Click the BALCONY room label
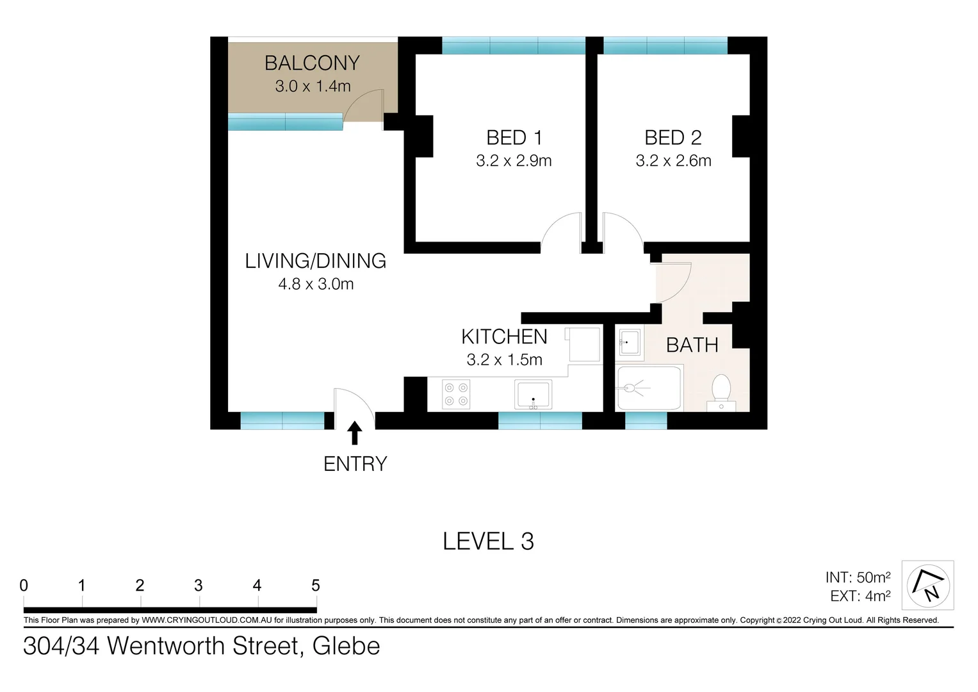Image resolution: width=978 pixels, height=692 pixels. (x=312, y=63)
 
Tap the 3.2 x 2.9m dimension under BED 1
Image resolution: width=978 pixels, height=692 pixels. (x=514, y=161)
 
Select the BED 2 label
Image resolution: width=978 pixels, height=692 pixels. (x=672, y=137)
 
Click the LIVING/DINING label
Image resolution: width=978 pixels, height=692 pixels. (x=315, y=261)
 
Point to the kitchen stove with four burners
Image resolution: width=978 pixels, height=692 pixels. (x=456, y=394)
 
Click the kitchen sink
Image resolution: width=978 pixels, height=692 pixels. (x=533, y=394)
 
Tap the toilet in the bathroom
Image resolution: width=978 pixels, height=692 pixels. (x=721, y=391)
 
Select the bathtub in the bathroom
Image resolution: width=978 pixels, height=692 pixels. (x=648, y=388)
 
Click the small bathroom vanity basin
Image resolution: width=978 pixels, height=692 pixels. (x=628, y=343)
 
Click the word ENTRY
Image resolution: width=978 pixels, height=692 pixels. (x=355, y=464)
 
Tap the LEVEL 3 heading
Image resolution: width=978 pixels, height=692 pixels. (x=488, y=541)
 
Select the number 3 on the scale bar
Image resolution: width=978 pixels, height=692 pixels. (x=199, y=585)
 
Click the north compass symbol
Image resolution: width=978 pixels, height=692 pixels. (x=927, y=584)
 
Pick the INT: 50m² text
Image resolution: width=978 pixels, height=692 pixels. (x=858, y=577)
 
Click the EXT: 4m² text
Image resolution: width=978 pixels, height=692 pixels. (x=860, y=596)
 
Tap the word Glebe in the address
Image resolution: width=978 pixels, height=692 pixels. (x=346, y=646)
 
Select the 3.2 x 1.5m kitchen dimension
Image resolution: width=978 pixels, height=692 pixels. (x=504, y=360)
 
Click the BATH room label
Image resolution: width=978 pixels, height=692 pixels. (x=692, y=345)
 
